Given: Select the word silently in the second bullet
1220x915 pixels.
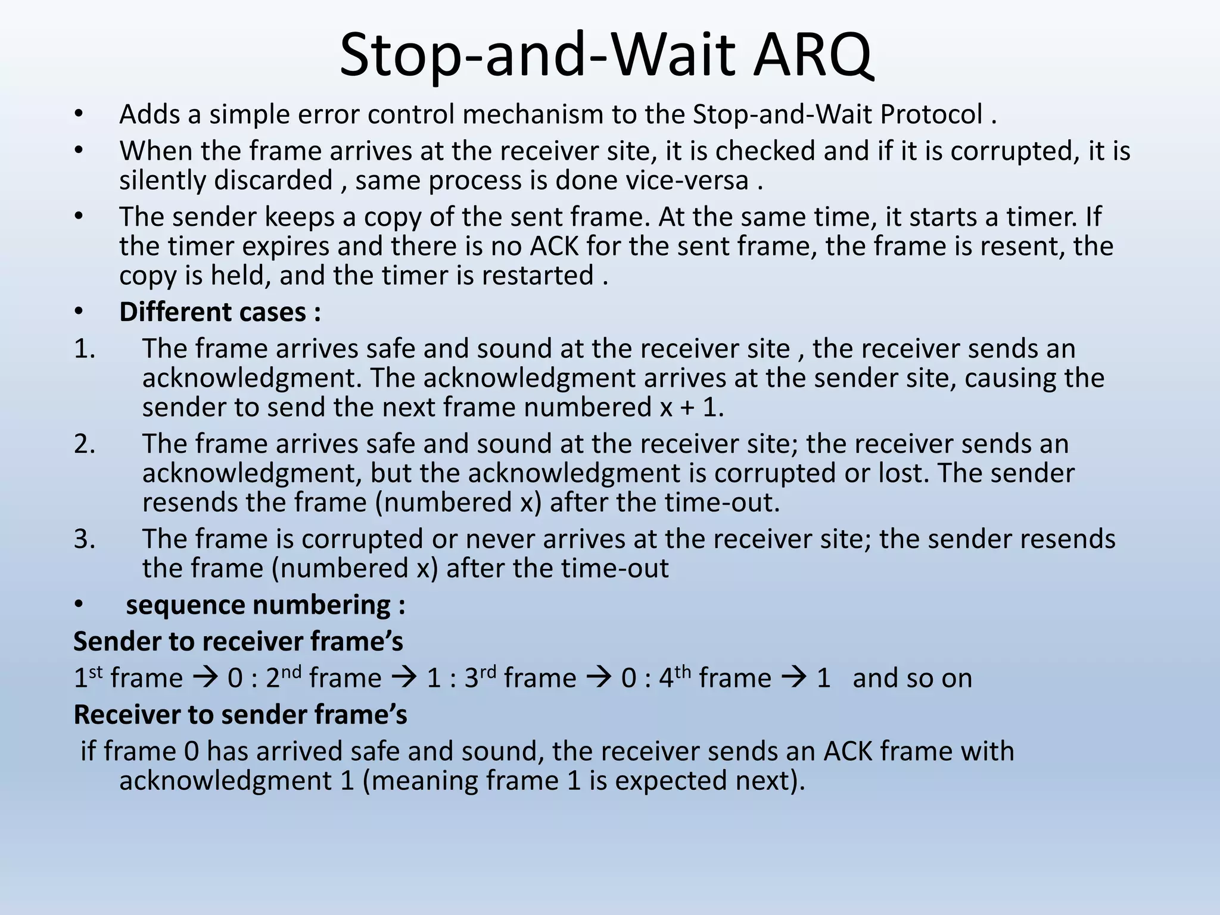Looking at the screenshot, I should coord(166,180).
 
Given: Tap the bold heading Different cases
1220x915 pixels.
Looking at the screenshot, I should coord(220,312).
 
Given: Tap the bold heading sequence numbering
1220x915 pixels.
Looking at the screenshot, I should coord(266,605).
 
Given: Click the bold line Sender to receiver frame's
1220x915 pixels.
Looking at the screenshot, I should coord(238,642).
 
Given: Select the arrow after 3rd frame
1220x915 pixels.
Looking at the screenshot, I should coord(599,678).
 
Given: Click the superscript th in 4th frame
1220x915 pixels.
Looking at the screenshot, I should coord(683,672).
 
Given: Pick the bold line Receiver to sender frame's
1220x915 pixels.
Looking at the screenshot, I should coord(240,714).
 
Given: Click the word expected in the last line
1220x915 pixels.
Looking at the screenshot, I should coord(670,780).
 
